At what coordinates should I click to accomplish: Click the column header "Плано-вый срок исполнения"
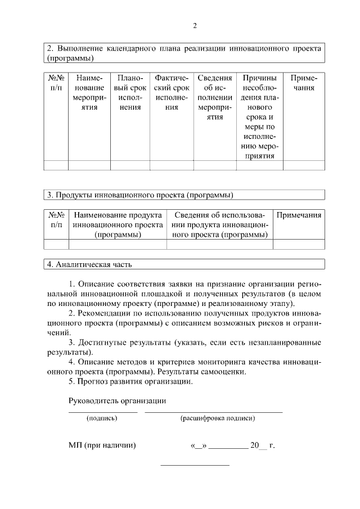(x=129, y=92)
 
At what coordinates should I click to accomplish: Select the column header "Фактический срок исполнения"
(x=172, y=92)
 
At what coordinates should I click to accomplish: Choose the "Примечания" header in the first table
(x=304, y=83)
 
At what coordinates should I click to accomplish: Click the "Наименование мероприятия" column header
(x=89, y=92)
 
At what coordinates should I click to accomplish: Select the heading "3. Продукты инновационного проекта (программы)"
(x=140, y=195)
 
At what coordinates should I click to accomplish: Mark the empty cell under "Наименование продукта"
(x=118, y=244)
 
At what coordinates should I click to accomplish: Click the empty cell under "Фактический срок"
(x=172, y=165)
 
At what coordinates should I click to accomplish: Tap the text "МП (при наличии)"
(x=102, y=445)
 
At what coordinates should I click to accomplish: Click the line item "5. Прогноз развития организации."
(x=130, y=382)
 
